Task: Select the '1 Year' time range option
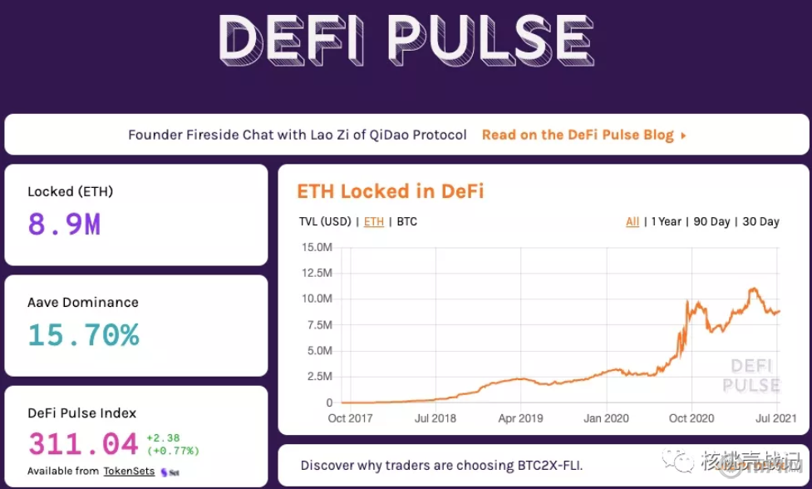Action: coord(666,222)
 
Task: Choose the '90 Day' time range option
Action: coord(711,222)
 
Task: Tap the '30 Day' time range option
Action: coord(760,222)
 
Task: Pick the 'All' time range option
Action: coord(632,222)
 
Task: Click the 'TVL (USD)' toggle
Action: coord(325,222)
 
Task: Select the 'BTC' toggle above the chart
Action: coord(407,222)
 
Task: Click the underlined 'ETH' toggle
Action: coord(374,222)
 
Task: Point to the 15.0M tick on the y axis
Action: coord(318,247)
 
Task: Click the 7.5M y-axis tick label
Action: coord(320,325)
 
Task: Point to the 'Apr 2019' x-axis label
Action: coord(520,418)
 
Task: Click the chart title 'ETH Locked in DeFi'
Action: coord(390,191)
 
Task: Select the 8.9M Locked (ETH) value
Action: coord(64,224)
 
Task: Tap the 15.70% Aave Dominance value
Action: coord(83,334)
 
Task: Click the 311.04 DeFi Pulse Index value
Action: coord(84,444)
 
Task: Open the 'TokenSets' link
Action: coord(128,471)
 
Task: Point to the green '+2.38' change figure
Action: coord(162,438)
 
